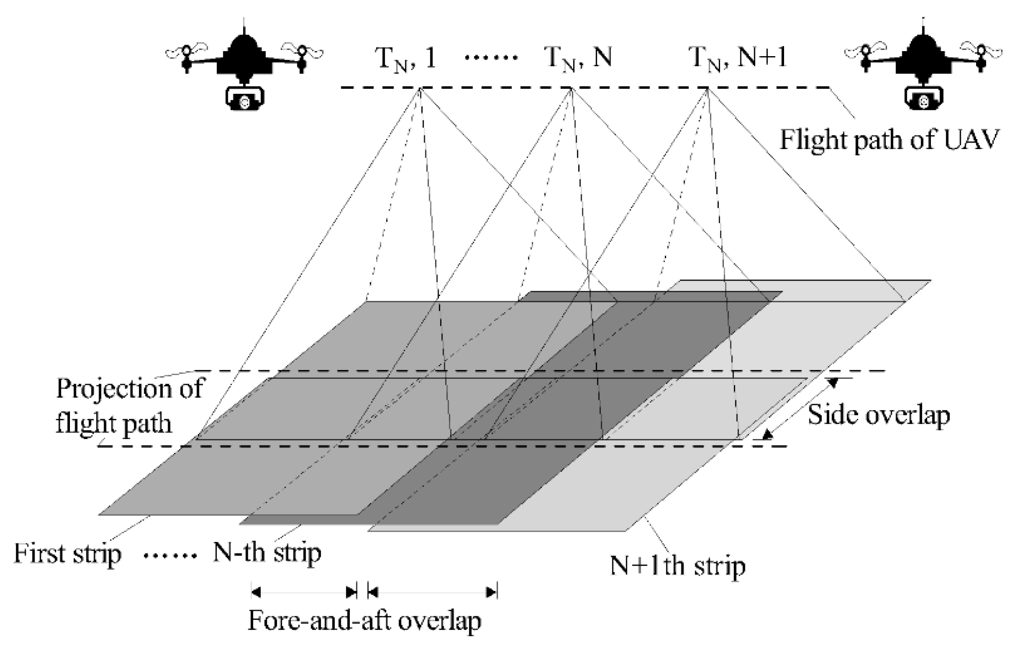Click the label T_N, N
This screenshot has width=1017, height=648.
click(x=578, y=59)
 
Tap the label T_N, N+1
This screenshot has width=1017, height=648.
click(x=737, y=59)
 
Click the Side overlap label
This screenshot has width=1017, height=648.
click(x=879, y=415)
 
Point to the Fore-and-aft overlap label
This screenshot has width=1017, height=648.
click(x=365, y=621)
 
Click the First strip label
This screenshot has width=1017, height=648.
click(x=67, y=553)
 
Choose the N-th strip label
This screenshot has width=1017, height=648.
click(x=267, y=552)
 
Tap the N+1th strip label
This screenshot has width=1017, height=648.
click(x=678, y=566)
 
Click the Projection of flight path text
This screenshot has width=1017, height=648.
click(x=128, y=405)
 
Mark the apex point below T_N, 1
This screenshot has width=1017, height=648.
click(x=420, y=88)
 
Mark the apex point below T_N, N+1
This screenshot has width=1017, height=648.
click(x=708, y=88)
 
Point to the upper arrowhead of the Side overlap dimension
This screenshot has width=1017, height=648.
click(x=832, y=382)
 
